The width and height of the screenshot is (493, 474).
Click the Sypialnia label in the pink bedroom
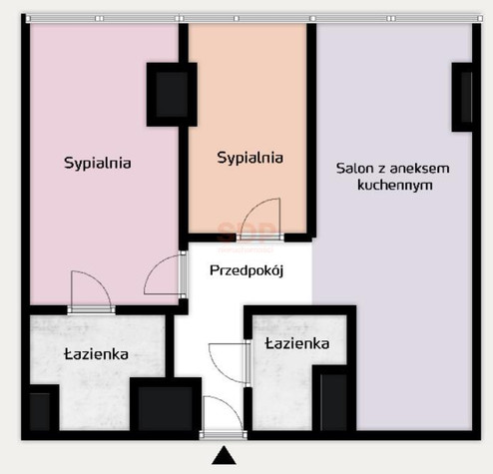[x=98, y=164]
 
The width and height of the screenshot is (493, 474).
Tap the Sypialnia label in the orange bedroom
[x=250, y=158]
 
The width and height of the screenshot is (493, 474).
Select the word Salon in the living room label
[x=354, y=169]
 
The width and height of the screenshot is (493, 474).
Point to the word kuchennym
[x=395, y=185]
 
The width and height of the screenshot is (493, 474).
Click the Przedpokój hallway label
[x=246, y=270]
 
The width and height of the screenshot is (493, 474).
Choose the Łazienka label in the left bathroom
[x=96, y=354]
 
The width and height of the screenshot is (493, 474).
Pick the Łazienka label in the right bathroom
[x=297, y=343]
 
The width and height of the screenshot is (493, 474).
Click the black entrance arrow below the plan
[x=224, y=455]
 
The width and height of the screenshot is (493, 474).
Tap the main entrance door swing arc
[x=233, y=406]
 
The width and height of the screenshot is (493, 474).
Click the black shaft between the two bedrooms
[x=172, y=95]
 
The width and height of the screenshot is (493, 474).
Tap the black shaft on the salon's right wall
[x=462, y=97]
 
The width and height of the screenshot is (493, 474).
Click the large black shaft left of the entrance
[x=166, y=406]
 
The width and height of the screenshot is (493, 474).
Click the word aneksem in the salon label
[x=419, y=169]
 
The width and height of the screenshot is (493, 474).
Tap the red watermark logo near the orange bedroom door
[x=246, y=233]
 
